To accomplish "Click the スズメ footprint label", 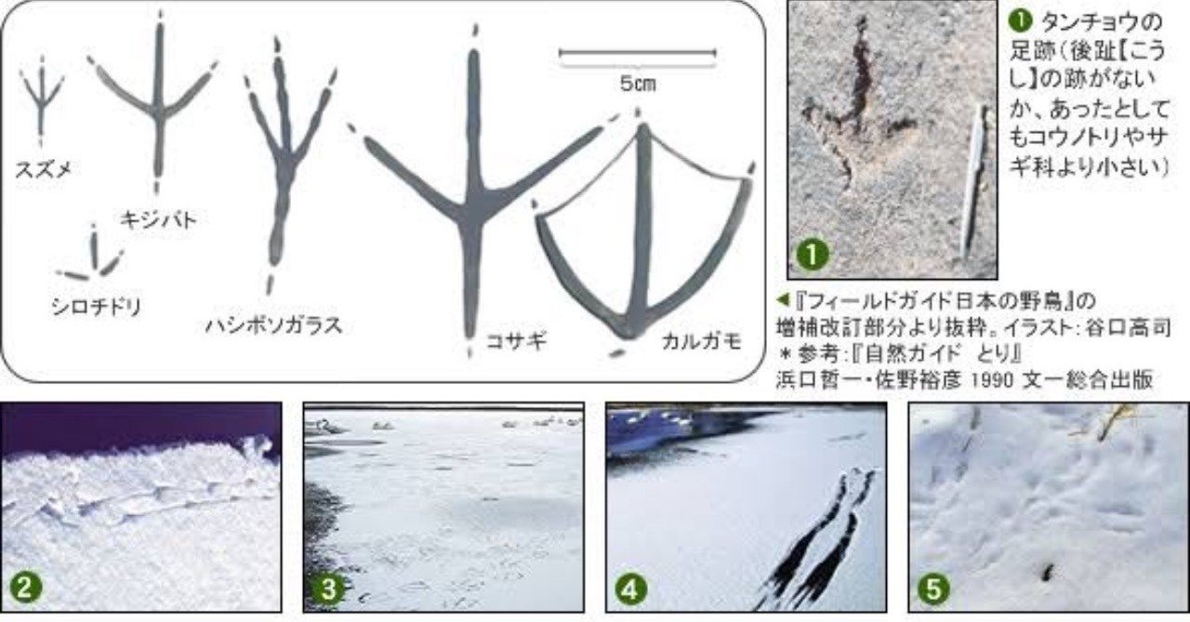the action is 43,169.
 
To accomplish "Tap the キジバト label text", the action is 158,219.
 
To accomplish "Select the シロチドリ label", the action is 97,307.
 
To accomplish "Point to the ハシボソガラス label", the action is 273,324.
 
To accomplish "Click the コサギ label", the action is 516,340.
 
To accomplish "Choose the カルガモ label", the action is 701,341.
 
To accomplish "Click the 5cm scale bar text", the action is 638,84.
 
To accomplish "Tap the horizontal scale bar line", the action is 638,53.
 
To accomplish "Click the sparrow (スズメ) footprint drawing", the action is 42,101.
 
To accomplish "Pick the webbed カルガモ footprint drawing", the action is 642,233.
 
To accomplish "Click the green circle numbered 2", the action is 25,588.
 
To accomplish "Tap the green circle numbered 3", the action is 328,589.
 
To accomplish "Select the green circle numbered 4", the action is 630,589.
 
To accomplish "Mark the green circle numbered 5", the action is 933,589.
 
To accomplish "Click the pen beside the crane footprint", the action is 975,180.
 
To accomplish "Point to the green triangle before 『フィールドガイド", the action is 783,300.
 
